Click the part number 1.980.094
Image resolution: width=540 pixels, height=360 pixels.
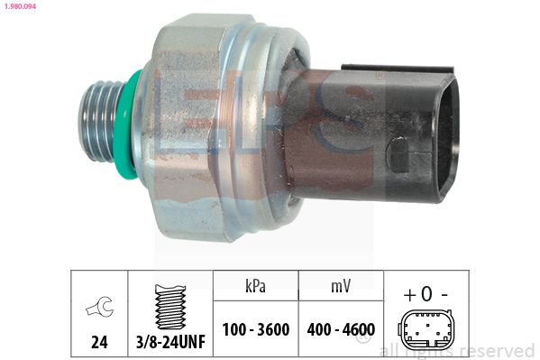pos(20,5)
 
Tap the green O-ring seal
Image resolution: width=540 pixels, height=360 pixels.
pos(124,125)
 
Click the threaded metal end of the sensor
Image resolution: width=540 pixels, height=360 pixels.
pos(99,122)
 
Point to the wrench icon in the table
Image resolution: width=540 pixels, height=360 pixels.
pos(99,306)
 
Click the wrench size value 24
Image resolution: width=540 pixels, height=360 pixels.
pos(99,342)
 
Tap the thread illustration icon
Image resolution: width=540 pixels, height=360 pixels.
pos(170,307)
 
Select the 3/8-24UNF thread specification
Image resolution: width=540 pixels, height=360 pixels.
pos(170,342)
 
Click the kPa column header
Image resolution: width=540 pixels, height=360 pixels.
pos(255,286)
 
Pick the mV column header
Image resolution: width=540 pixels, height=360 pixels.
pos(341,287)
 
